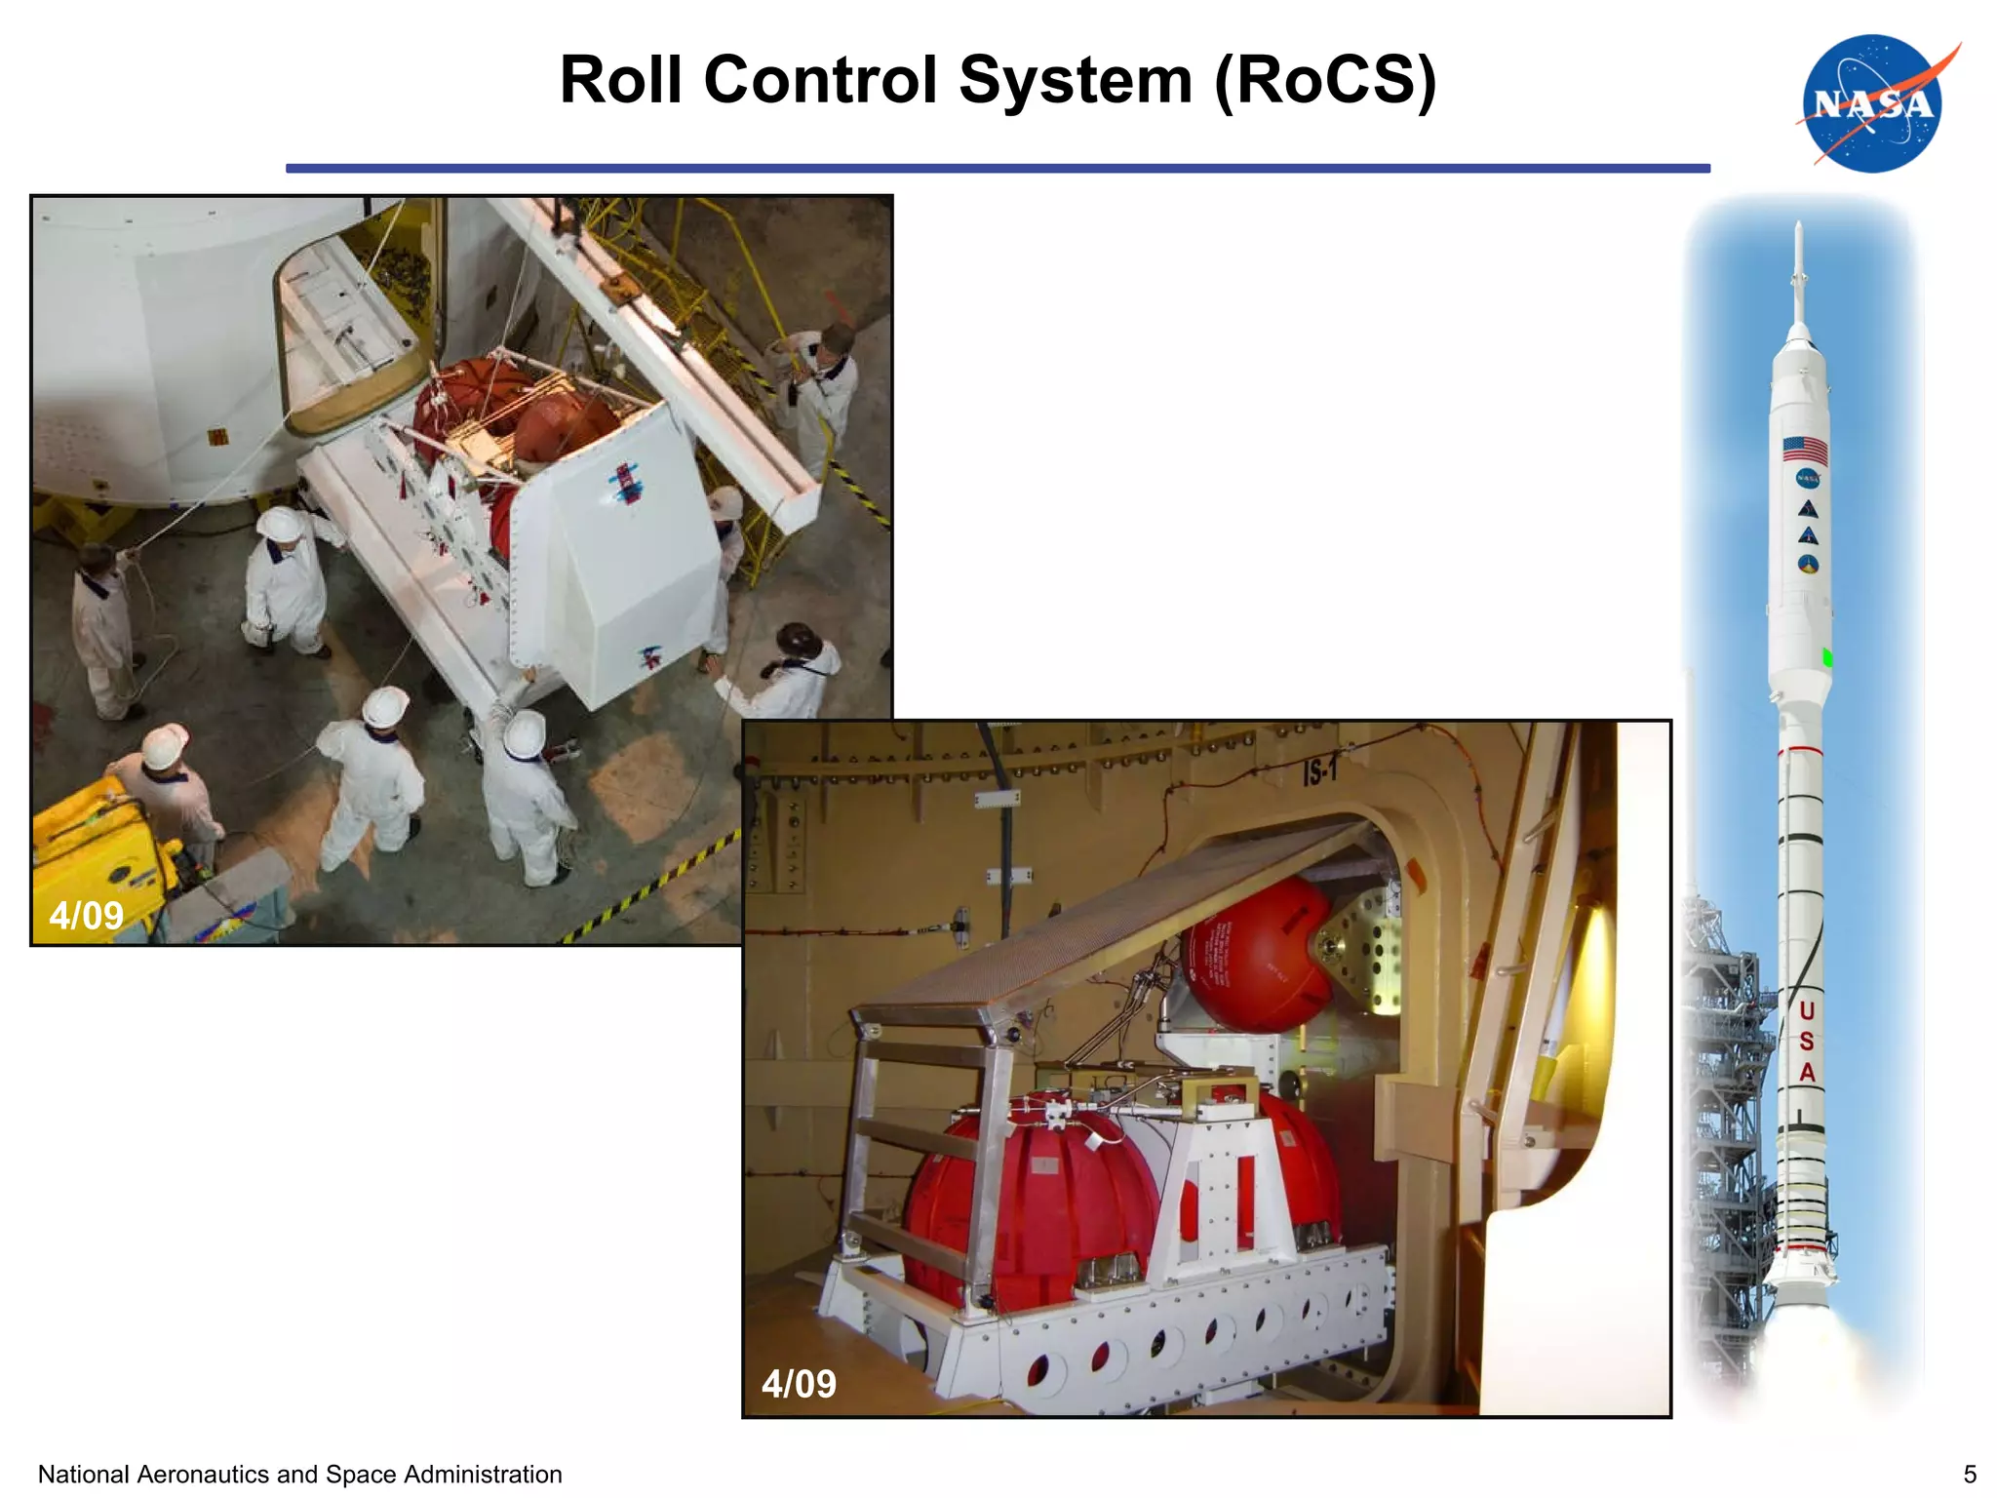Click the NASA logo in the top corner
pos(1873,104)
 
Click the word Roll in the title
pos(620,80)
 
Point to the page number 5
pos(1969,1474)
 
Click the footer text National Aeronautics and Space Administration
pos(299,1474)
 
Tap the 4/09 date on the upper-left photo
pos(86,915)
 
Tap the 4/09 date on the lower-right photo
pos(799,1383)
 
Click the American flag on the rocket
pos(1805,450)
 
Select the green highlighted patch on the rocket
pos(1827,657)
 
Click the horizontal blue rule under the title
pos(997,169)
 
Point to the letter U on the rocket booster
pos(1806,1010)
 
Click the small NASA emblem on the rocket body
pos(1807,479)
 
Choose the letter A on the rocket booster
pos(1807,1072)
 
